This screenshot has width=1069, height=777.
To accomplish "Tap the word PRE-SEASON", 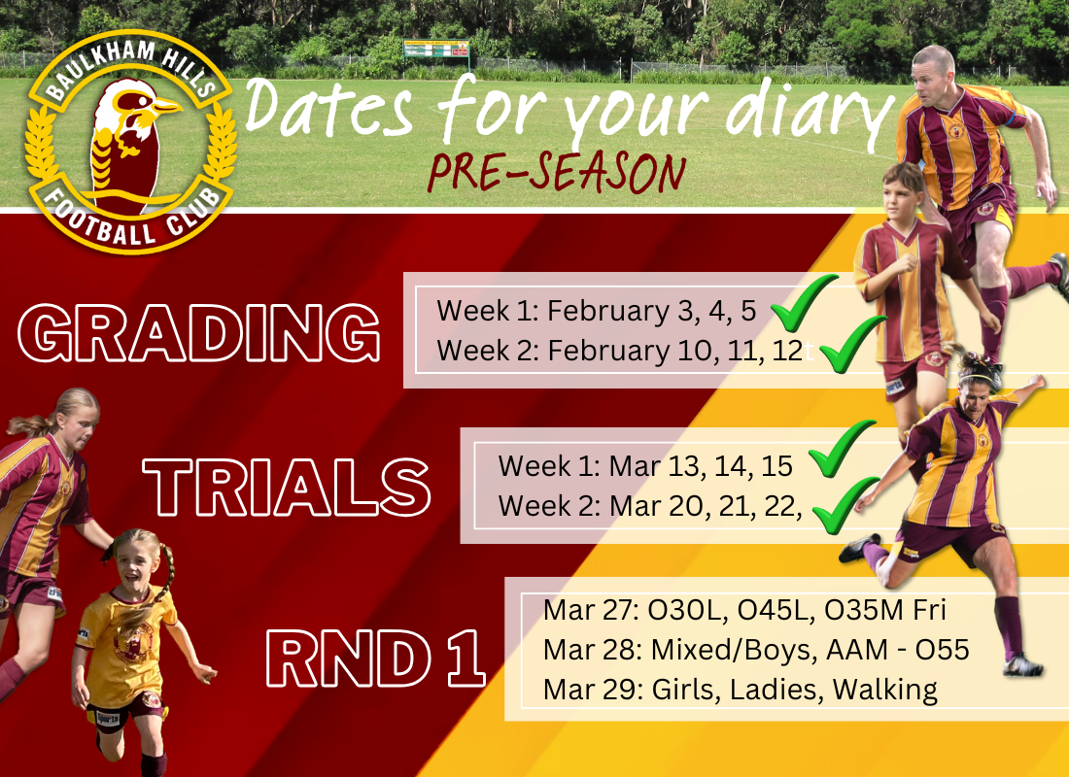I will click(557, 174).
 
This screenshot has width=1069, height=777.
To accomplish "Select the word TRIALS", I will click(287, 486).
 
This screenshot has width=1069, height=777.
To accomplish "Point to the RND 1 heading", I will click(375, 659).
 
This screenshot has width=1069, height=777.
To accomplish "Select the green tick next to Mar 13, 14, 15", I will click(839, 451).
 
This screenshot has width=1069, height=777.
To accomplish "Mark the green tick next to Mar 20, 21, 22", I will click(842, 505).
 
